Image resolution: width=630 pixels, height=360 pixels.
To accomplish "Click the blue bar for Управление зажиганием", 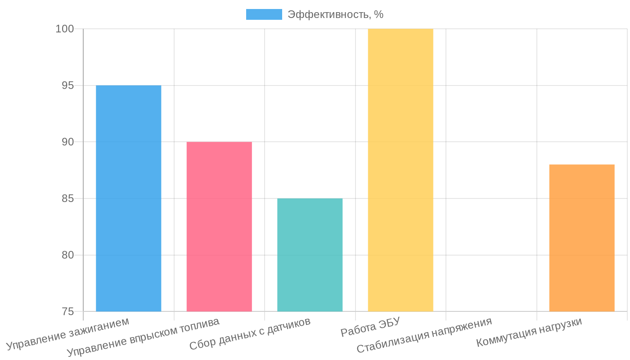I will [128, 198].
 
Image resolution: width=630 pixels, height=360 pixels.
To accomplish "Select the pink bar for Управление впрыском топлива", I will [219, 226].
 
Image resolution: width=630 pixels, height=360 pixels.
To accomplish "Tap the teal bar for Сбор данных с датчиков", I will [310, 255].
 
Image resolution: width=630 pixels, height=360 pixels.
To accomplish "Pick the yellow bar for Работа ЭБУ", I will [400, 170].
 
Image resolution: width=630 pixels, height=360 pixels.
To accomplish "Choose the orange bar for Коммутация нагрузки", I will [582, 238].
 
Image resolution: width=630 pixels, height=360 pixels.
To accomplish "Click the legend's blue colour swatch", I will [264, 14].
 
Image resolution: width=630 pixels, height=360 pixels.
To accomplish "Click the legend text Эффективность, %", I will [336, 14].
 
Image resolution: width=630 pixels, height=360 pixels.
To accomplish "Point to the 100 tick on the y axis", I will [64, 29].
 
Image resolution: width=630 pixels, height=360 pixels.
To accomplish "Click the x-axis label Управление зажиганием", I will [68, 333].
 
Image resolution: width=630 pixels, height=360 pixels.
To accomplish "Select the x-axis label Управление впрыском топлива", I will [144, 337].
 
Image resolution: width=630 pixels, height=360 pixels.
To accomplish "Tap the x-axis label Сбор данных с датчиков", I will [250, 334].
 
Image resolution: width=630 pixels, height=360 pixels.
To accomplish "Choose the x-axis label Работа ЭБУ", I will [370, 327].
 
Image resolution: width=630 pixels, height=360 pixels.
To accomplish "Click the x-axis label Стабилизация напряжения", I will [424, 335].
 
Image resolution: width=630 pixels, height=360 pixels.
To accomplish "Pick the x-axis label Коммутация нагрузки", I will [529, 333].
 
